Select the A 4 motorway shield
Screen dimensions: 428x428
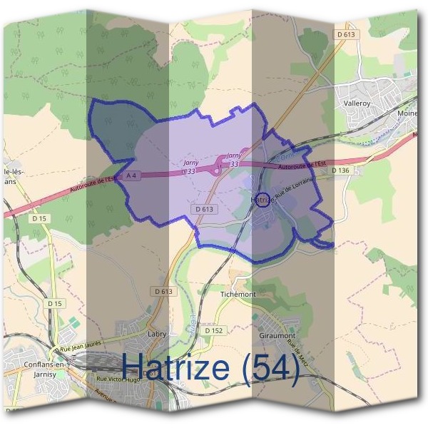click(x=130, y=175)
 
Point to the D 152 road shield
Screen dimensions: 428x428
click(x=213, y=331)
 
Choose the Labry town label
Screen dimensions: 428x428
click(x=156, y=333)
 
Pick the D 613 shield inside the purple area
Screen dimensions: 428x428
click(x=203, y=209)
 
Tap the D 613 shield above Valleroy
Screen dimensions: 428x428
click(x=345, y=34)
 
